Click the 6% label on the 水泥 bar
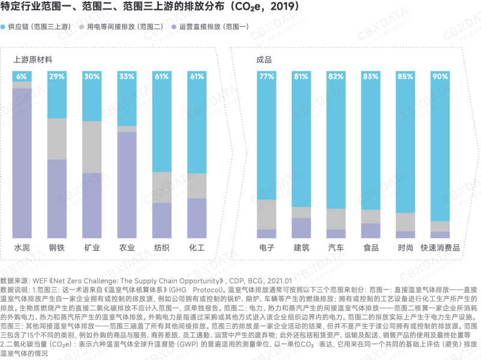[x=22, y=76]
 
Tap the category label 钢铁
[x=57, y=248]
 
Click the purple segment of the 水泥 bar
[x=22, y=162]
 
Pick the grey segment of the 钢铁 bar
[x=57, y=139]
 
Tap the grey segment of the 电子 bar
[x=266, y=214]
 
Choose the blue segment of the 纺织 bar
[x=162, y=126]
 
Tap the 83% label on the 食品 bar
[x=370, y=76]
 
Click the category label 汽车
[x=335, y=248]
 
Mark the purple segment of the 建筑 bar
[x=301, y=228]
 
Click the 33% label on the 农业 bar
[x=127, y=76]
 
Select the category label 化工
[x=197, y=248]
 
